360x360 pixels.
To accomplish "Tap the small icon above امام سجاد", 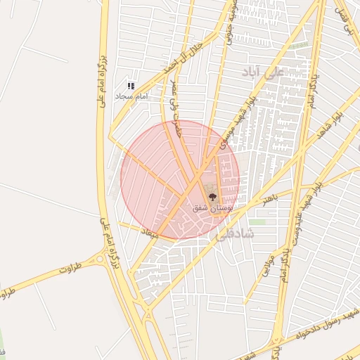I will pyautogui.click(x=131, y=85).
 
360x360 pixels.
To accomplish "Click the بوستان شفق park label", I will pyautogui.click(x=212, y=209).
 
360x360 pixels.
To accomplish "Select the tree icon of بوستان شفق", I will pyautogui.click(x=212, y=198).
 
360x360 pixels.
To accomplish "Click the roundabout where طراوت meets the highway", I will pyautogui.click(x=102, y=259).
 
